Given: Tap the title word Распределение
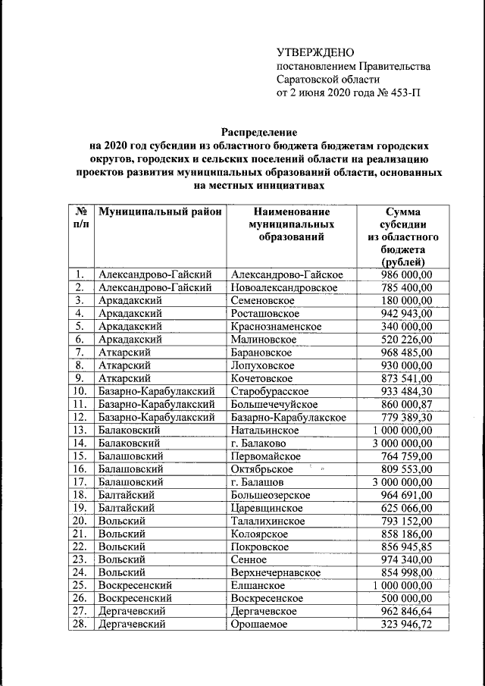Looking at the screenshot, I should coord(257,131).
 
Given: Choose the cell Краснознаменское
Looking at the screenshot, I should coord(276,327).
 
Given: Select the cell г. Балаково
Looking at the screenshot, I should coord(258,443).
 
